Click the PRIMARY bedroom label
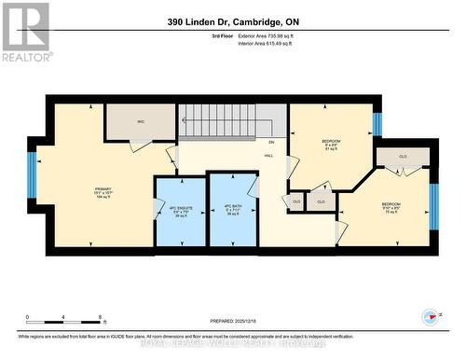(103, 191)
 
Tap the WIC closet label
(140, 120)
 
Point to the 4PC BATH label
(233, 210)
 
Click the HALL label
(268, 156)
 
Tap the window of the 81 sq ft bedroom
(377, 122)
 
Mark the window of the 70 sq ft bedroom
(433, 205)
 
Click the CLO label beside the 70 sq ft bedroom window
(403, 157)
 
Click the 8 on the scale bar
(100, 317)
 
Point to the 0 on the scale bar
(28, 317)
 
